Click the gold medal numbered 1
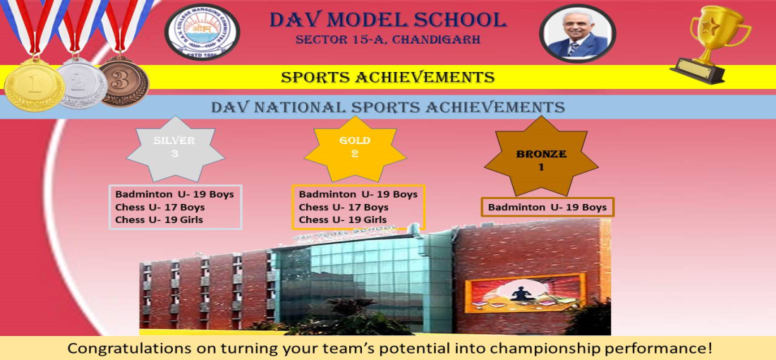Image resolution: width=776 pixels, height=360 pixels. [35, 85]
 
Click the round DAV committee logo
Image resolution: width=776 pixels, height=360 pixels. [202, 32]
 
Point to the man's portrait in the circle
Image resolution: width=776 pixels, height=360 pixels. [578, 34]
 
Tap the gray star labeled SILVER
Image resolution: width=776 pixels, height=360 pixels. [175, 148]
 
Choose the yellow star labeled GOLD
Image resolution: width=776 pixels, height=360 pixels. [355, 148]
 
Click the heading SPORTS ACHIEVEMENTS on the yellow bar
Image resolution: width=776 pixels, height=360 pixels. [387, 77]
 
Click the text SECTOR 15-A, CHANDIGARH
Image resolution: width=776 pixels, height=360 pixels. [388, 39]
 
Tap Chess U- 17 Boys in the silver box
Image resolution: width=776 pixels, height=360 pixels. [160, 207]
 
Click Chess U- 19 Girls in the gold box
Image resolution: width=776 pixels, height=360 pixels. [342, 220]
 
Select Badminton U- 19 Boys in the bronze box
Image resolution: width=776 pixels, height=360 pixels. [547, 207]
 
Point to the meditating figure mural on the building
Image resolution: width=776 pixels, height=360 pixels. [525, 293]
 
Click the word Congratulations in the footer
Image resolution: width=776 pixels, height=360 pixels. [128, 347]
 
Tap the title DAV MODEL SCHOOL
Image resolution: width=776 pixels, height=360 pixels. [388, 20]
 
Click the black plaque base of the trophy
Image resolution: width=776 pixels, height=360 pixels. [697, 71]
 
